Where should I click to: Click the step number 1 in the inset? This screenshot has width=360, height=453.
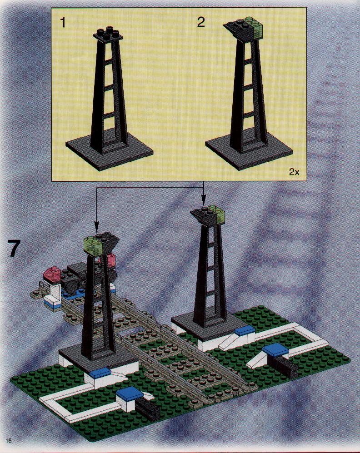point(63,23)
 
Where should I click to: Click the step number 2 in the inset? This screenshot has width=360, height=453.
point(201,22)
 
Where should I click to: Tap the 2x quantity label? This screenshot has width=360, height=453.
point(294,172)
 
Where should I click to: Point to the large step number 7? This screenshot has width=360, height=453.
point(14,248)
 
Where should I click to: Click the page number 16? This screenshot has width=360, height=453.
point(8,440)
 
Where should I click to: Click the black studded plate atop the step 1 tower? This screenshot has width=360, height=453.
point(109,35)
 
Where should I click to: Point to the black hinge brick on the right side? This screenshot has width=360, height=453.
point(285,365)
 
